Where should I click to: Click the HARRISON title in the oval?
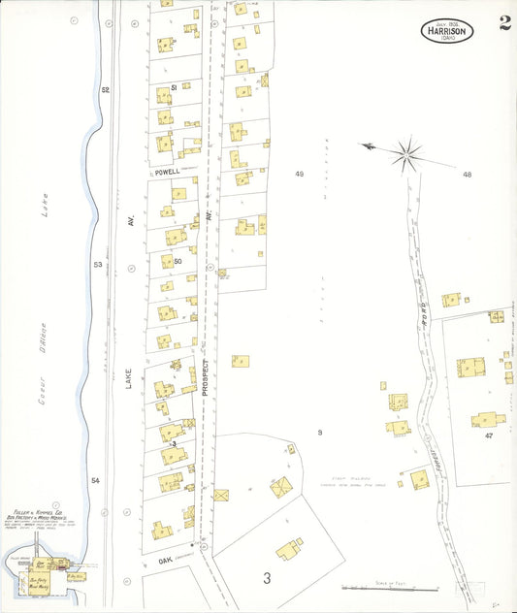pos(447,30)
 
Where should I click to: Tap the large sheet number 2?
pos(505,23)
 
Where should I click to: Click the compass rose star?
pos(408,151)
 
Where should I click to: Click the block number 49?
pos(299,174)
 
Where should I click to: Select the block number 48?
pos(467,175)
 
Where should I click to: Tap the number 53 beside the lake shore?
pos(97,264)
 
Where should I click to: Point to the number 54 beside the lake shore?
pos(95,481)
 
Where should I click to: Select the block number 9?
pos(319,431)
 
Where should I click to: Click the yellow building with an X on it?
pos(221,495)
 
